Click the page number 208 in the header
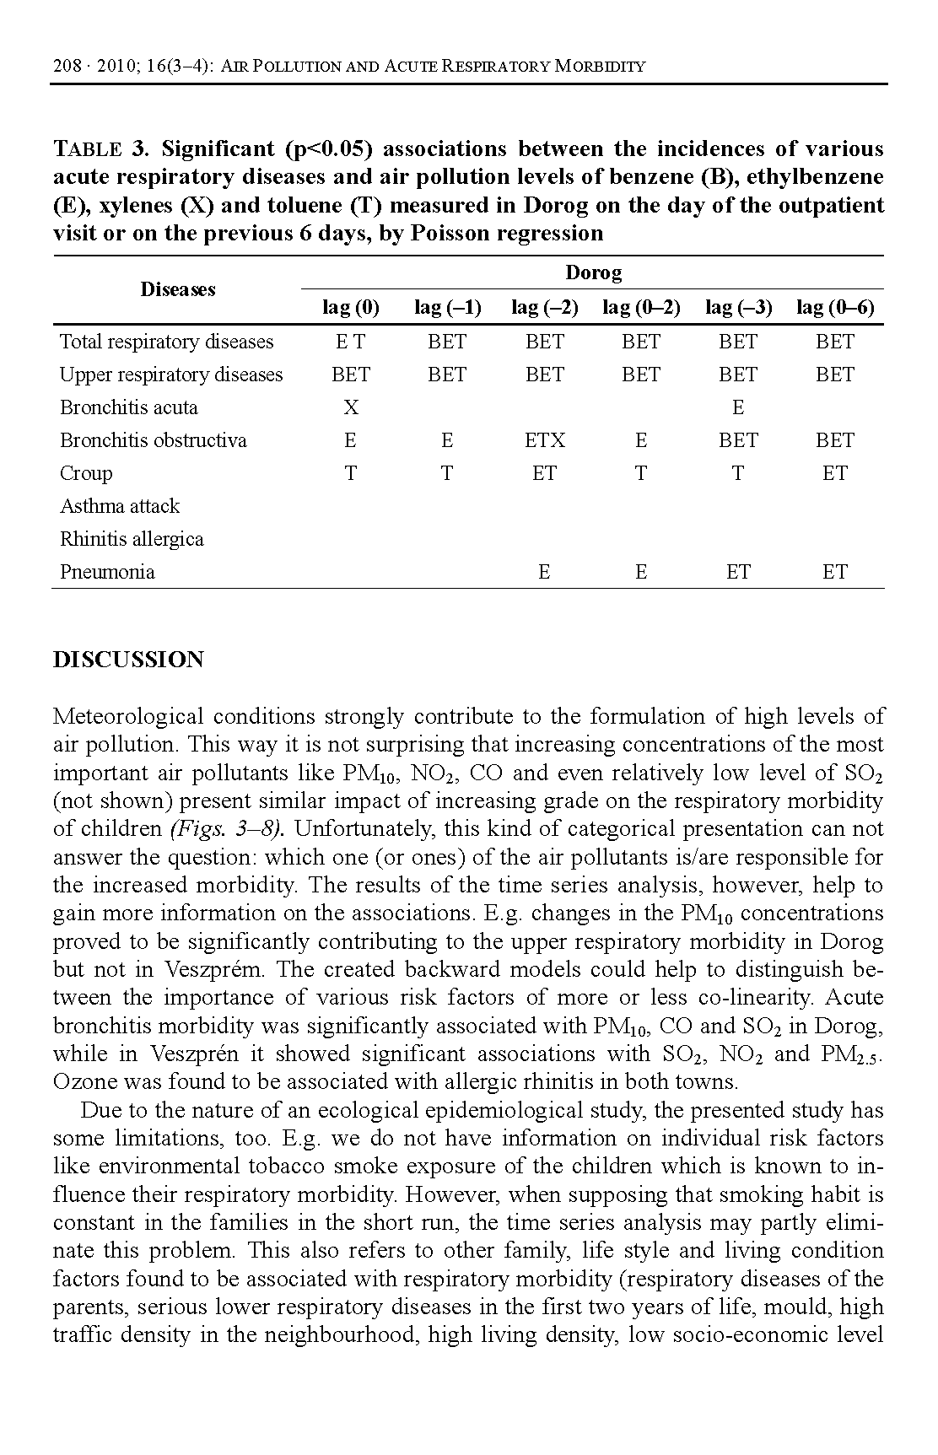click(x=65, y=66)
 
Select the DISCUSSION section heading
click(x=128, y=660)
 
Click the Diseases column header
click(x=177, y=289)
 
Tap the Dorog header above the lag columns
click(x=593, y=272)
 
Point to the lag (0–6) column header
click(x=835, y=307)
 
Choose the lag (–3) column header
click(x=738, y=307)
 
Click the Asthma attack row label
click(x=119, y=506)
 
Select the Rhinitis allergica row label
click(x=132, y=539)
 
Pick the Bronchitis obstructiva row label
click(x=153, y=440)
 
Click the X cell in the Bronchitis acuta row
click(x=351, y=407)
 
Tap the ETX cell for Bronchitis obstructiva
click(x=544, y=440)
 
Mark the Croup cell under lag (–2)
click(x=544, y=473)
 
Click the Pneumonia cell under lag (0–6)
click(x=835, y=572)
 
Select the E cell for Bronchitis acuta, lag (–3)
click(x=738, y=407)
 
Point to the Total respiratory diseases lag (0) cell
click(x=351, y=342)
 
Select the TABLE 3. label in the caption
click(x=100, y=149)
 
